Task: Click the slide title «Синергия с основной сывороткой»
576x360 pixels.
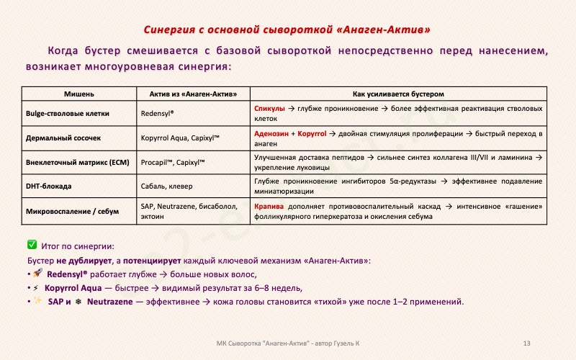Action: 288,30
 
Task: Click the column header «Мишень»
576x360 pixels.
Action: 79,94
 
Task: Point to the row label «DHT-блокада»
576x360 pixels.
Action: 48,186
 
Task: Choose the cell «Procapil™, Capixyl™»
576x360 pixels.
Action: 174,163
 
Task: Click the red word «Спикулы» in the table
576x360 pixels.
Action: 270,109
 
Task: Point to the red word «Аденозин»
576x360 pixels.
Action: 271,134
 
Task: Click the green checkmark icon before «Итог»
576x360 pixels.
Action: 32,246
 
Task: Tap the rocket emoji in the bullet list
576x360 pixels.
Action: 37,274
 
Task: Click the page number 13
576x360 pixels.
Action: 527,342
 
